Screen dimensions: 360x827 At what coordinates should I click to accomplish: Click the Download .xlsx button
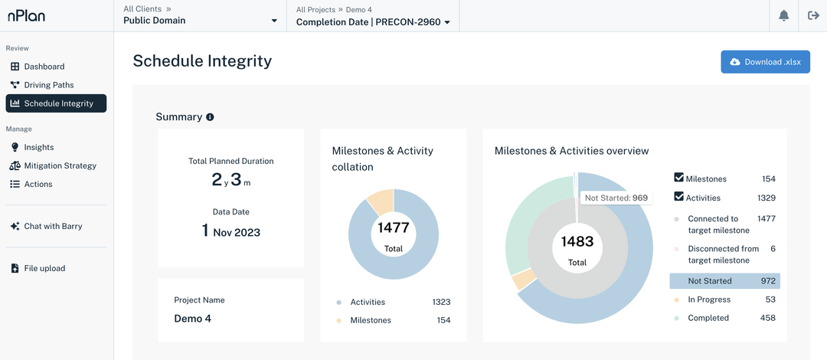pos(765,62)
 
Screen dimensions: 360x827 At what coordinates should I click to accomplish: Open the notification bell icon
pos(783,16)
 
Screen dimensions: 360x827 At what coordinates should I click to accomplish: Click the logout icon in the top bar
pos(813,16)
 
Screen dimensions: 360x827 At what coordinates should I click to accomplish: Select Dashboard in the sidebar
pos(44,67)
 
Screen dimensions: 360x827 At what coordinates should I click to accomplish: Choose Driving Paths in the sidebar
pos(48,85)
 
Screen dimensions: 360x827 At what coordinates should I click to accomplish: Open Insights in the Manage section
pos(38,147)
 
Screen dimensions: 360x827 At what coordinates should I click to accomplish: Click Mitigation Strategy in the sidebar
pos(60,165)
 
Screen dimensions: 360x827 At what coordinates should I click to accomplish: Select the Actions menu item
pos(38,184)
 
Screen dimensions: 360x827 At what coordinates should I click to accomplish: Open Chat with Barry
pos(53,226)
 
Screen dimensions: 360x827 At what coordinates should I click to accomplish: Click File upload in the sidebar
pos(44,268)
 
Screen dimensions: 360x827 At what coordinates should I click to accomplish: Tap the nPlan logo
pos(26,15)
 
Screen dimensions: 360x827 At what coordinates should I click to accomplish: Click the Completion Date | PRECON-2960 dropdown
pos(373,22)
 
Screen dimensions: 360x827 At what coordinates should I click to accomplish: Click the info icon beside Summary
pos(210,117)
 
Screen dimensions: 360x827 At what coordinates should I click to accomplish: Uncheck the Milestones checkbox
pos(678,178)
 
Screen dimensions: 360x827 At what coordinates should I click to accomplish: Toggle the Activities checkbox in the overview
pos(678,197)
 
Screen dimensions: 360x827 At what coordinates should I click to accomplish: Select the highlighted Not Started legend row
pos(724,281)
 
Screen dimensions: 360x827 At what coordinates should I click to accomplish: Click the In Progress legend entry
pos(708,299)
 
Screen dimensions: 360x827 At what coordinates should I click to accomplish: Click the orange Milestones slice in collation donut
pos(381,201)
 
